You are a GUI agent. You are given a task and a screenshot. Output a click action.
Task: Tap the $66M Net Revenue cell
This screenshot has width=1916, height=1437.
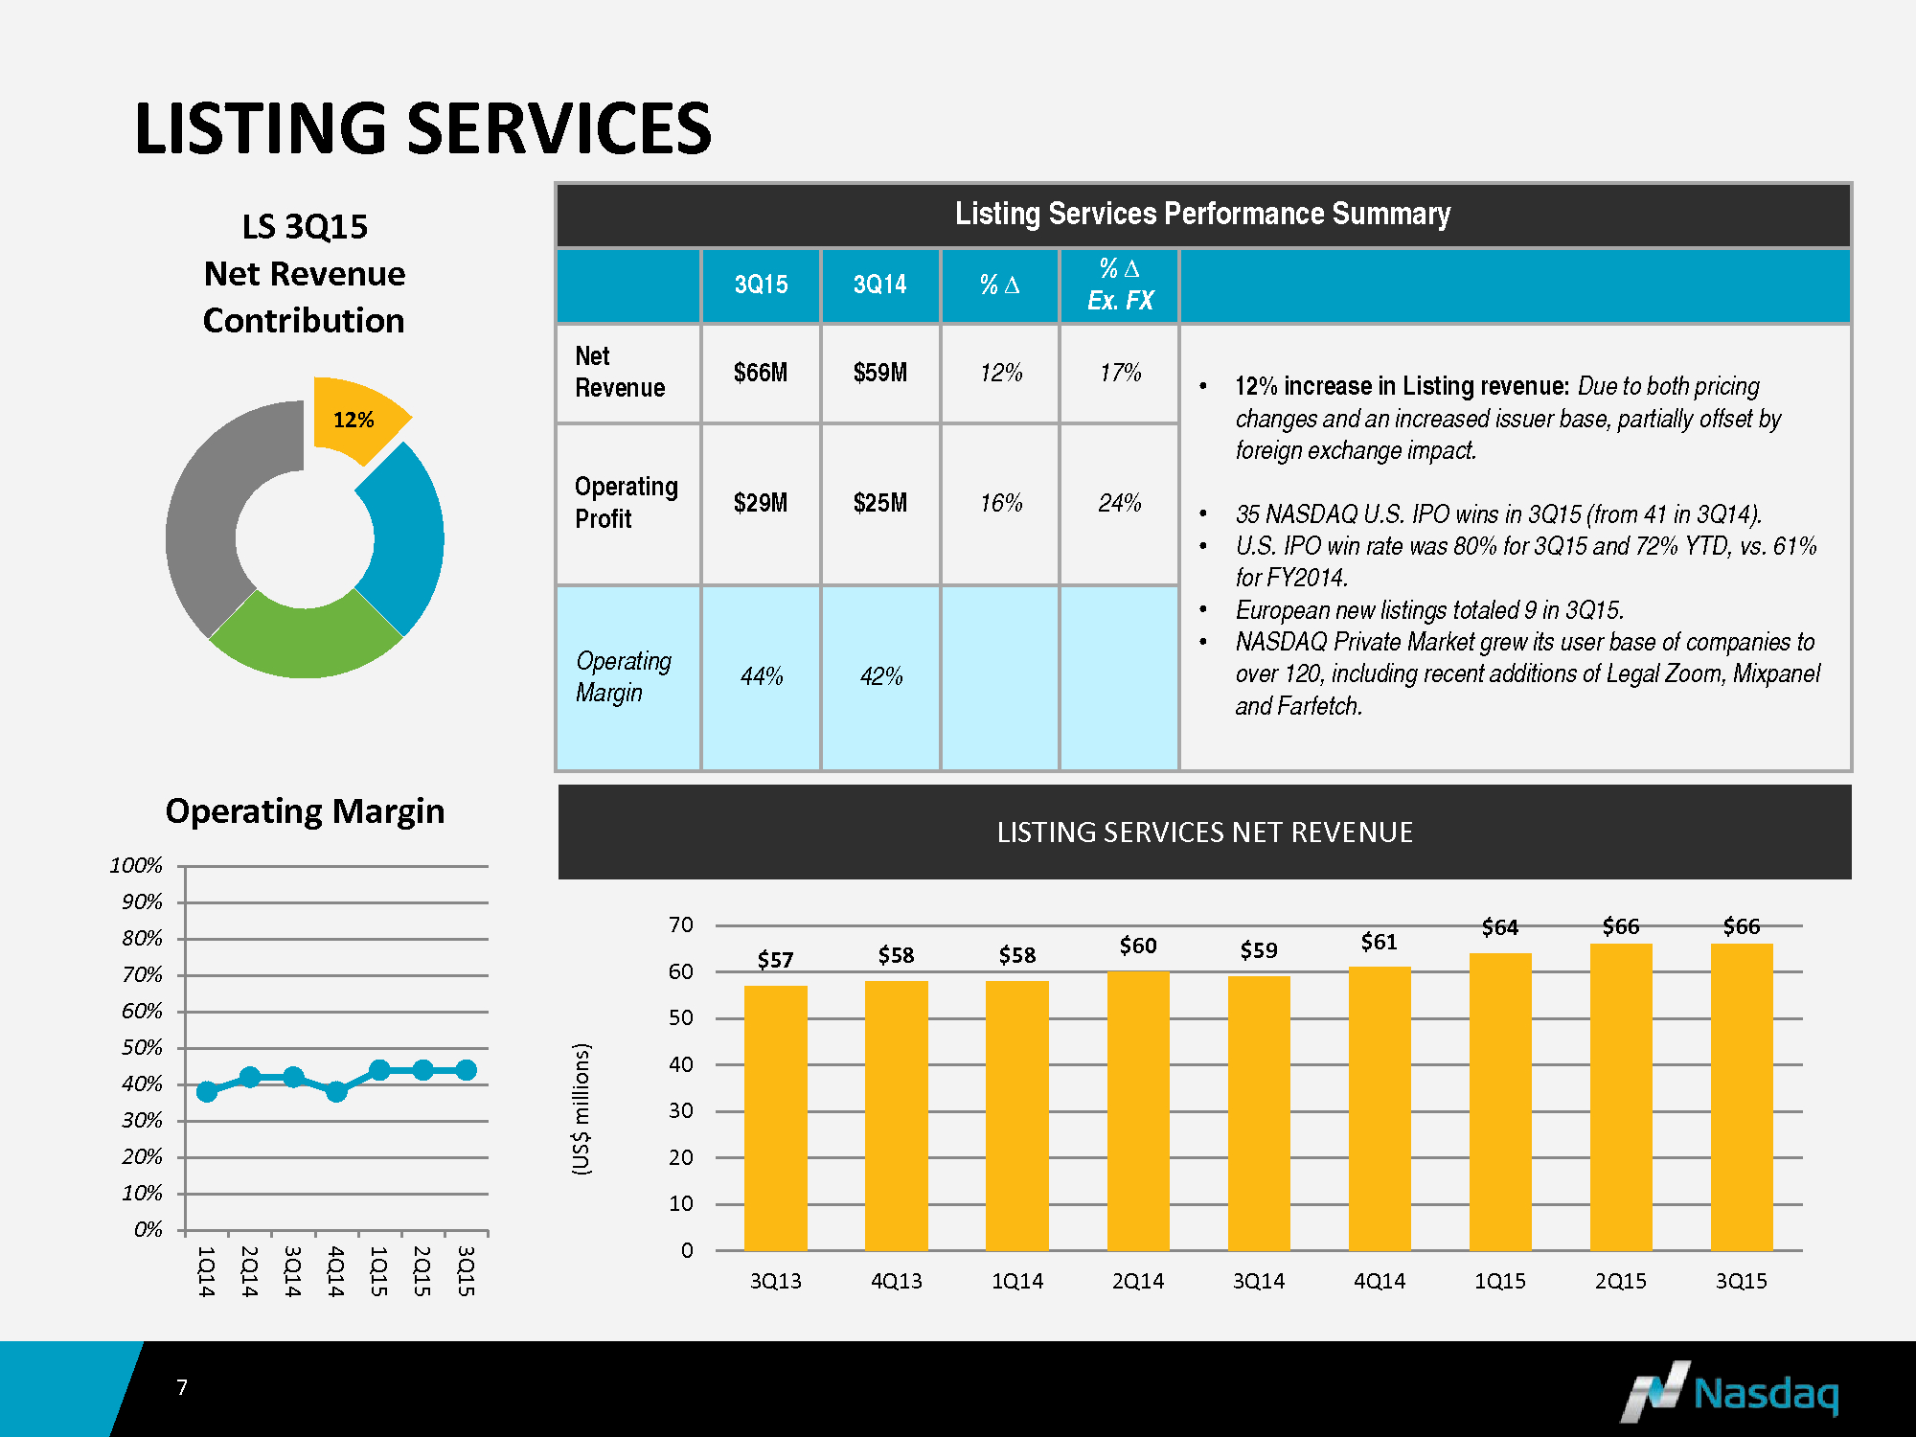pyautogui.click(x=761, y=373)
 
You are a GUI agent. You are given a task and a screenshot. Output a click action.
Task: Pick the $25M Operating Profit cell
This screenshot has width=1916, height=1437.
pyautogui.click(x=879, y=503)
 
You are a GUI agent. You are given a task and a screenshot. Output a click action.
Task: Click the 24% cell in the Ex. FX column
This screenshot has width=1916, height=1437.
pyautogui.click(x=1119, y=503)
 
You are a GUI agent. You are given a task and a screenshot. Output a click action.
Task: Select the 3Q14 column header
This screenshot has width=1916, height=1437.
pyautogui.click(x=879, y=285)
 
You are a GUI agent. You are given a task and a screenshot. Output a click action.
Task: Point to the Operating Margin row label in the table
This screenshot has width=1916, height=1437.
pyautogui.click(x=624, y=676)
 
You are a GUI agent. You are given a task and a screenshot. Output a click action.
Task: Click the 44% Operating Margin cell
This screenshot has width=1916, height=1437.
pyautogui.click(x=762, y=676)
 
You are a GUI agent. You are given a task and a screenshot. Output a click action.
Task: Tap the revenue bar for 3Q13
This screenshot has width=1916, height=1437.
pyautogui.click(x=775, y=1117)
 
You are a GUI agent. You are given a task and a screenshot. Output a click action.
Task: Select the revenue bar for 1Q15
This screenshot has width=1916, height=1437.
pyautogui.click(x=1499, y=1102)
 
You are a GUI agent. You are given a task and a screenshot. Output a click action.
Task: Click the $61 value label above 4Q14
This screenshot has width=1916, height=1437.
pyautogui.click(x=1379, y=942)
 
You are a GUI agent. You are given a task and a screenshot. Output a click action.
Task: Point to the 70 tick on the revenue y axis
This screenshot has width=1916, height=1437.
pyautogui.click(x=681, y=924)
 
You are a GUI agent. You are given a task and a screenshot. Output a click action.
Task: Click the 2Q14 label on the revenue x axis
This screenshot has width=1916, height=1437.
pyautogui.click(x=1137, y=1281)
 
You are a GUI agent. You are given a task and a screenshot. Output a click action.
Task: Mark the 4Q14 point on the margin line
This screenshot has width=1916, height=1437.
pyautogui.click(x=336, y=1091)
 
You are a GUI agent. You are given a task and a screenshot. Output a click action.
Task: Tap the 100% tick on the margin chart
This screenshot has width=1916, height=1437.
pyautogui.click(x=136, y=865)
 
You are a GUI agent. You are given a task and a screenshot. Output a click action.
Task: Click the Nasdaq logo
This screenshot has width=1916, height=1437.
pyautogui.click(x=1729, y=1391)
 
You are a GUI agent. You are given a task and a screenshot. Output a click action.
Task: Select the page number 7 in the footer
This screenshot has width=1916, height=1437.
pyautogui.click(x=182, y=1387)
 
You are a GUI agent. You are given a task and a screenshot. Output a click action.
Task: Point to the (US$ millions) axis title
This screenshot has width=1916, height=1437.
pyautogui.click(x=582, y=1108)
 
